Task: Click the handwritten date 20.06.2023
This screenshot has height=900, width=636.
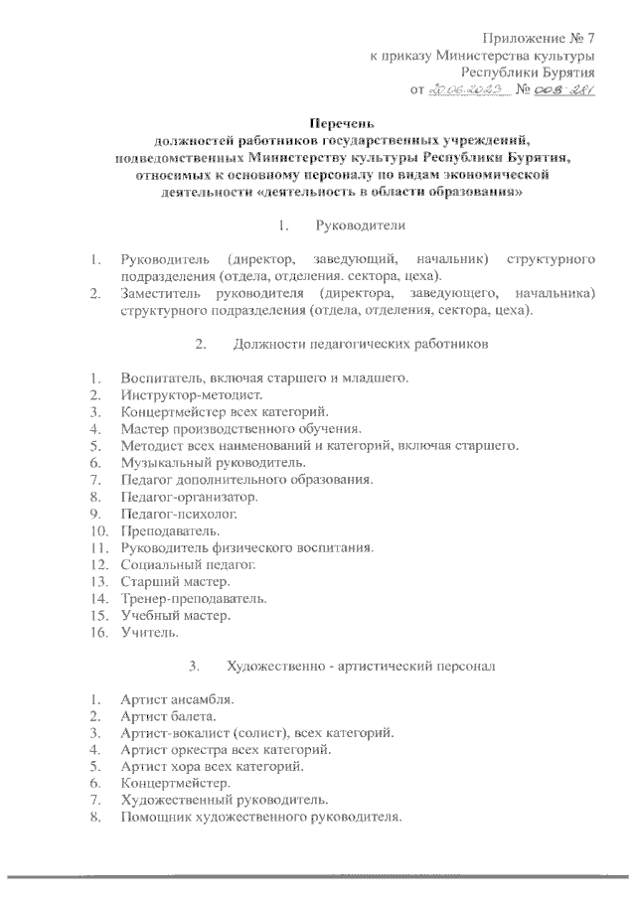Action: [469, 91]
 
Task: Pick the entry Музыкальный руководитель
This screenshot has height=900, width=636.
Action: [213, 462]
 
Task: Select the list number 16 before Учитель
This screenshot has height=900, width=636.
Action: [96, 632]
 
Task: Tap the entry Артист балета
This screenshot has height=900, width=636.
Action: [164, 716]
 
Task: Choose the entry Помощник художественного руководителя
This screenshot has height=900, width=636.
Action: [261, 818]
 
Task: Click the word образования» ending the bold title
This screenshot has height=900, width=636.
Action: [461, 192]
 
